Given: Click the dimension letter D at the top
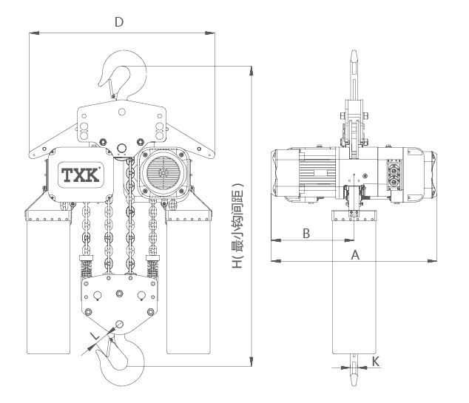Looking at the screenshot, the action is pyautogui.click(x=119, y=22).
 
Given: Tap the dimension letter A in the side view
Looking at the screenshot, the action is pyautogui.click(x=355, y=255).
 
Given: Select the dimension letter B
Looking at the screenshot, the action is pyautogui.click(x=306, y=234).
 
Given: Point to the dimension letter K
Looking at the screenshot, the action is pyautogui.click(x=376, y=362).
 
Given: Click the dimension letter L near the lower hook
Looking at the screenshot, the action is pyautogui.click(x=95, y=336).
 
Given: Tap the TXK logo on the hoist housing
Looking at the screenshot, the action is pyautogui.click(x=81, y=175).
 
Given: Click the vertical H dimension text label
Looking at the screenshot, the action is pyautogui.click(x=238, y=226).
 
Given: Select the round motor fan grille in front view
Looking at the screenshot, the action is pyautogui.click(x=163, y=173).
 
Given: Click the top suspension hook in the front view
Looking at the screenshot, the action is pyautogui.click(x=141, y=78).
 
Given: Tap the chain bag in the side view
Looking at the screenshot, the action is pyautogui.click(x=354, y=282).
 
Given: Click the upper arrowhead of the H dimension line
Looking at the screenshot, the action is pyautogui.click(x=252, y=71).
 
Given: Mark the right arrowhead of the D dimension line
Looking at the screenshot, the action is pyautogui.click(x=210, y=33).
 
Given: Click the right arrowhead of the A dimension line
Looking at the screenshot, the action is pyautogui.click(x=432, y=261).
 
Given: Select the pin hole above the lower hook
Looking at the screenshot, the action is pyautogui.click(x=119, y=324).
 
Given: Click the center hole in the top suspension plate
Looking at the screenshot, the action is pyautogui.click(x=122, y=112).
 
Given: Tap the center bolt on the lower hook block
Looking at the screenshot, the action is pyautogui.click(x=120, y=294).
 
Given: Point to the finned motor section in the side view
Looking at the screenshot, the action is pyautogui.click(x=317, y=173).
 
